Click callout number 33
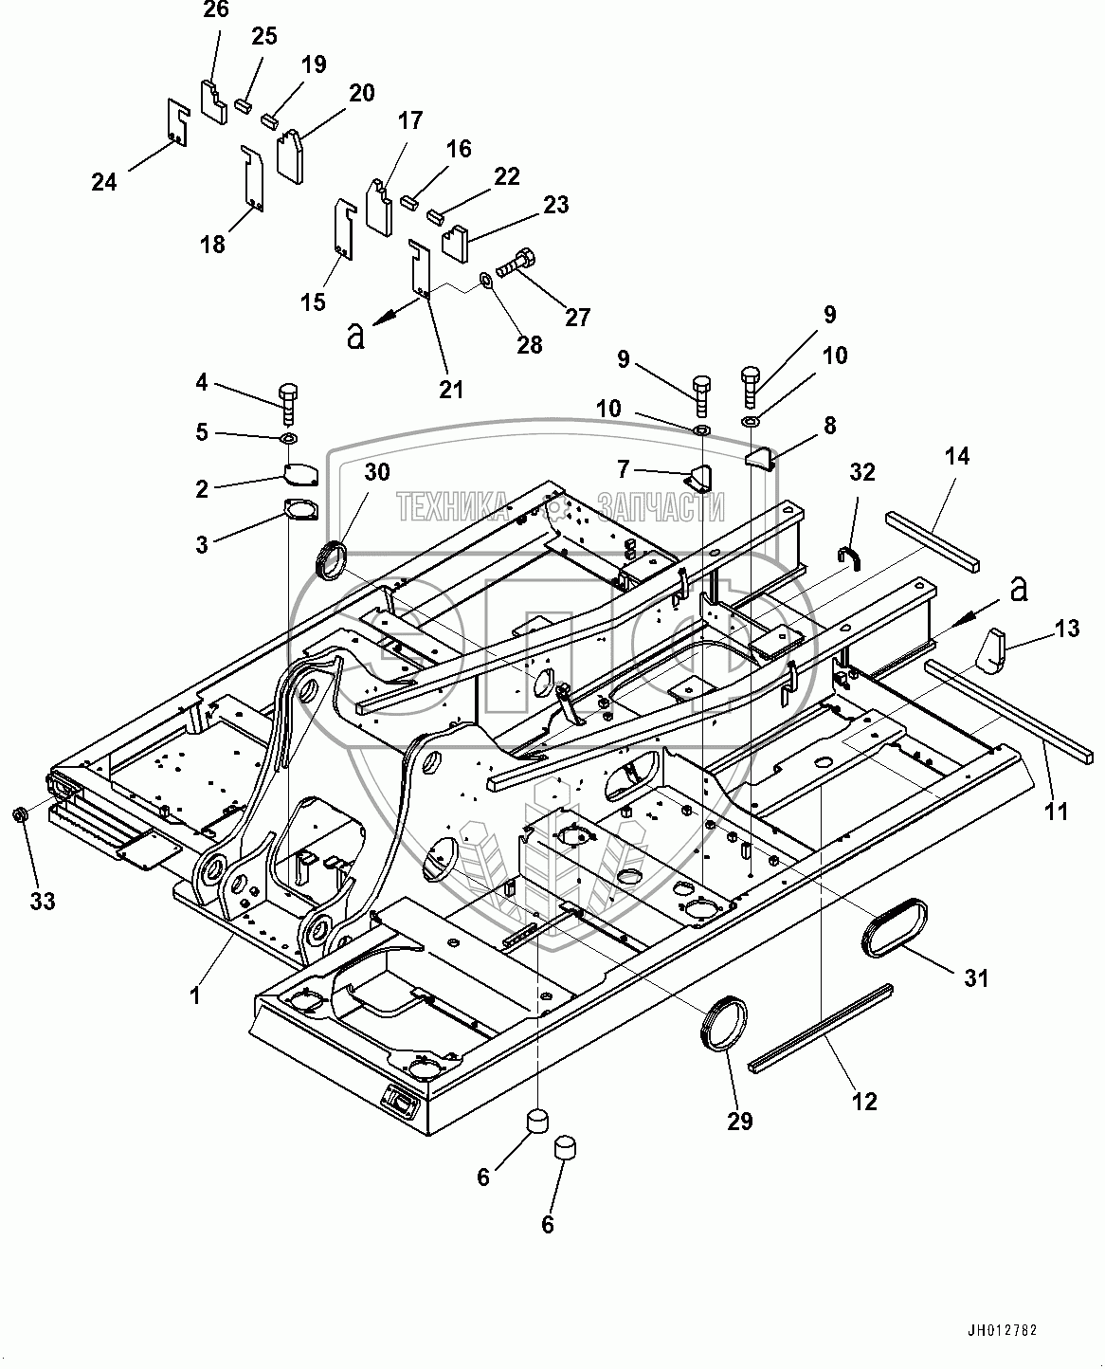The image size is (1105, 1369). [42, 901]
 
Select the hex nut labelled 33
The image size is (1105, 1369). [18, 815]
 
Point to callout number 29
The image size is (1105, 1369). [740, 1121]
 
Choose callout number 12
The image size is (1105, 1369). [864, 1101]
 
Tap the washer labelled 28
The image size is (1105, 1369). [484, 280]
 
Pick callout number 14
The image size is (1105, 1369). [957, 456]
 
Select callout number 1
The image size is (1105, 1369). [195, 995]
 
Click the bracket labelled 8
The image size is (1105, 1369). [759, 459]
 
